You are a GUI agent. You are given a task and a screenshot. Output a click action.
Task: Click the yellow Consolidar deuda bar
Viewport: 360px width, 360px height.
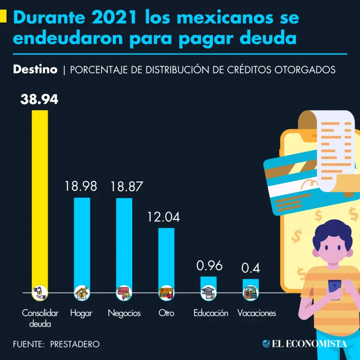click(x=39, y=197)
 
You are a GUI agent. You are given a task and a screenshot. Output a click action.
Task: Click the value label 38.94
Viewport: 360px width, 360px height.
click(x=39, y=99)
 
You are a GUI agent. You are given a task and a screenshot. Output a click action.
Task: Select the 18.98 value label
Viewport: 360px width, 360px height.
click(x=81, y=186)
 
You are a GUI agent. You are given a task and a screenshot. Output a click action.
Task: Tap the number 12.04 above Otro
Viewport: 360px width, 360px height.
click(x=163, y=217)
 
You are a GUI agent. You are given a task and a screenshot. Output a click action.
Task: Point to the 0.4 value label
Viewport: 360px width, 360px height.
click(x=250, y=268)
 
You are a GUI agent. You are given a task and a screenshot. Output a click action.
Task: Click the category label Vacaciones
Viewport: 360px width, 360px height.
click(x=256, y=313)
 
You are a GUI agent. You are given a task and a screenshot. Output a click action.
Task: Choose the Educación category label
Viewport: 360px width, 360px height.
click(x=211, y=313)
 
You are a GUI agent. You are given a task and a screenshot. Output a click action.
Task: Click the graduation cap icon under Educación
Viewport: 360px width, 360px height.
click(x=209, y=293)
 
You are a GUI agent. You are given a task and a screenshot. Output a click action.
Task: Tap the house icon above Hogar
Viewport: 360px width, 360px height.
click(x=82, y=293)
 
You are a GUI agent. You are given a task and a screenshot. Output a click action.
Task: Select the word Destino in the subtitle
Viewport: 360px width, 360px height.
click(x=35, y=70)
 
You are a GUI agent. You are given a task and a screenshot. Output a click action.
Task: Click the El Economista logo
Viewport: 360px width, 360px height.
click(x=305, y=344)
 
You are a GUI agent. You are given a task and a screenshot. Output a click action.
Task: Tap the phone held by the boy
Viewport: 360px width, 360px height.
click(x=335, y=289)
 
